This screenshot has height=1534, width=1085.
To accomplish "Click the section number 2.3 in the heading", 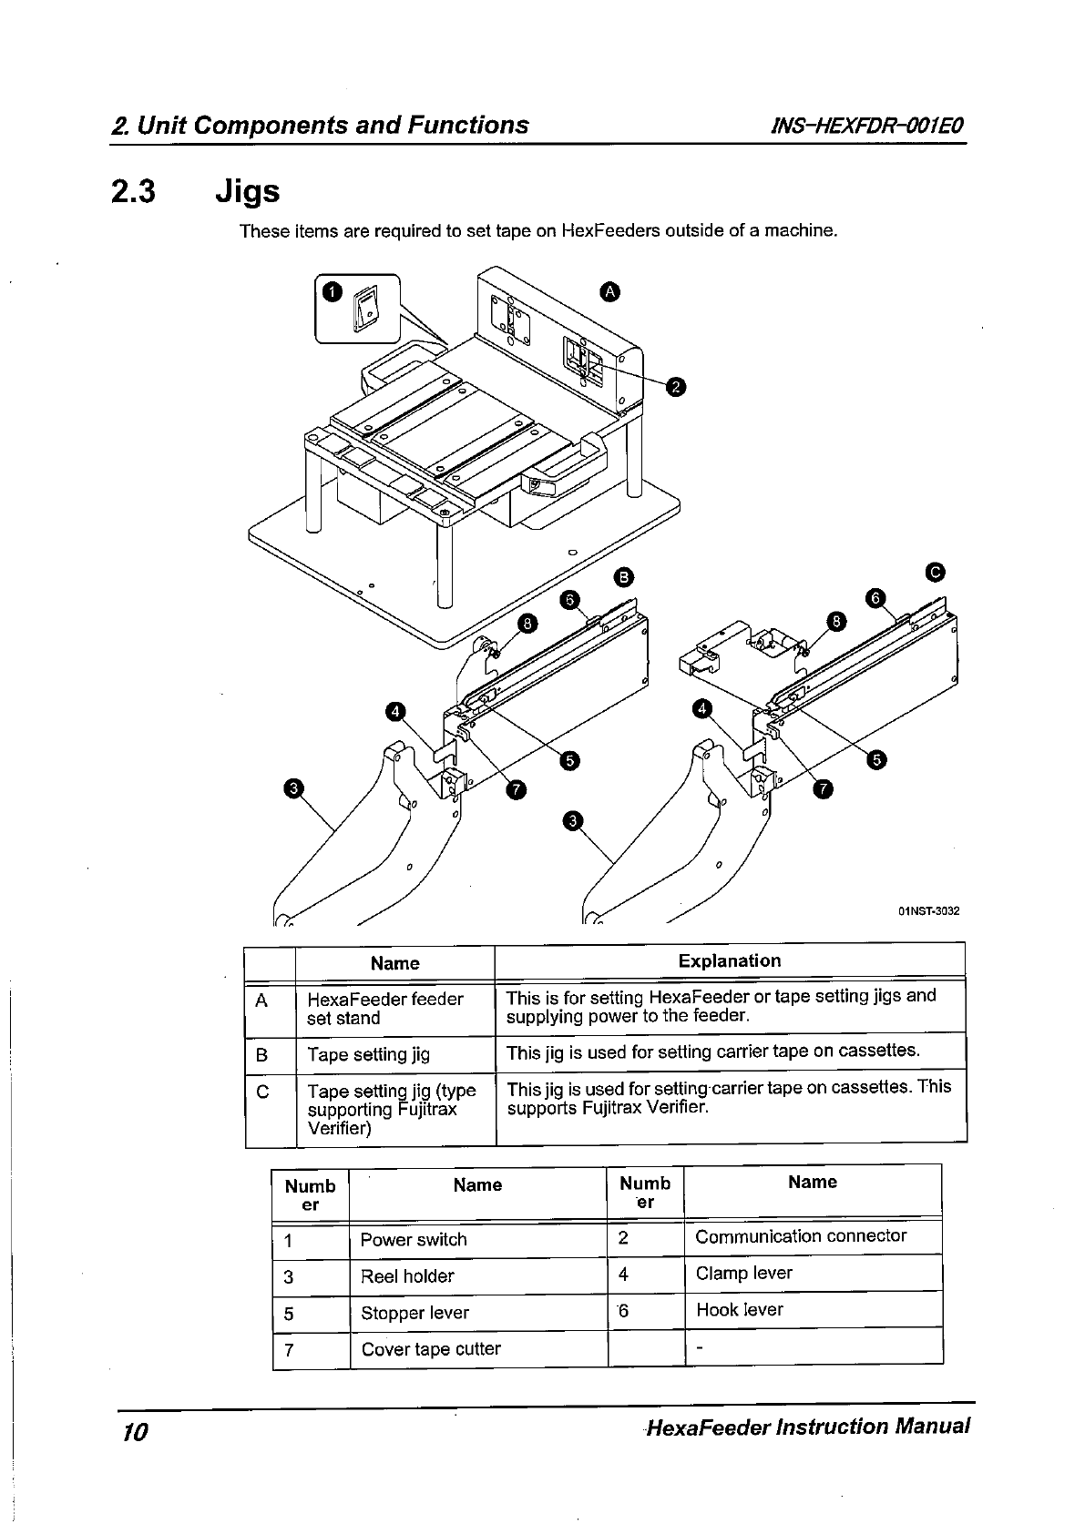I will (132, 191).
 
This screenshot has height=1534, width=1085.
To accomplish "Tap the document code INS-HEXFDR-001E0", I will (867, 125).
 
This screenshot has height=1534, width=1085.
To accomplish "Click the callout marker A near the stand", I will (610, 291).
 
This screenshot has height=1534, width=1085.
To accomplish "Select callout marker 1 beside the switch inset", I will (332, 291).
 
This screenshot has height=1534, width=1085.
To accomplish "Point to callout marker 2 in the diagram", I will (674, 388).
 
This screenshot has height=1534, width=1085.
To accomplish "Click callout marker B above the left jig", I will (623, 576).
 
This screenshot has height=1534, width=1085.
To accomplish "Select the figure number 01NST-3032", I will (928, 910).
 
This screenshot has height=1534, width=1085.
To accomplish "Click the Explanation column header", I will (730, 961).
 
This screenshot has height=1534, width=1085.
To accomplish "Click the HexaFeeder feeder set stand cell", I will (384, 1009).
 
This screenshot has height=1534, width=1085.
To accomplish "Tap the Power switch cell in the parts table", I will (414, 1240).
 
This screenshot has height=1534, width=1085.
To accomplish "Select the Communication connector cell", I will (801, 1236).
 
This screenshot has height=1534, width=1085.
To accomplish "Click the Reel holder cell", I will (407, 1276).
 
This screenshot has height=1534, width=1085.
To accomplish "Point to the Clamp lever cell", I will (743, 1273).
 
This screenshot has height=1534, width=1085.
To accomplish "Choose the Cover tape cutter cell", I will (431, 1349).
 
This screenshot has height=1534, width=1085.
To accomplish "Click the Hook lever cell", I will (739, 1310).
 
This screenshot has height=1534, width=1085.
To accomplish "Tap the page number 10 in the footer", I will (134, 1432).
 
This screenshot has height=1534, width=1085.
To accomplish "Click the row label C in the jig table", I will (262, 1092).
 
